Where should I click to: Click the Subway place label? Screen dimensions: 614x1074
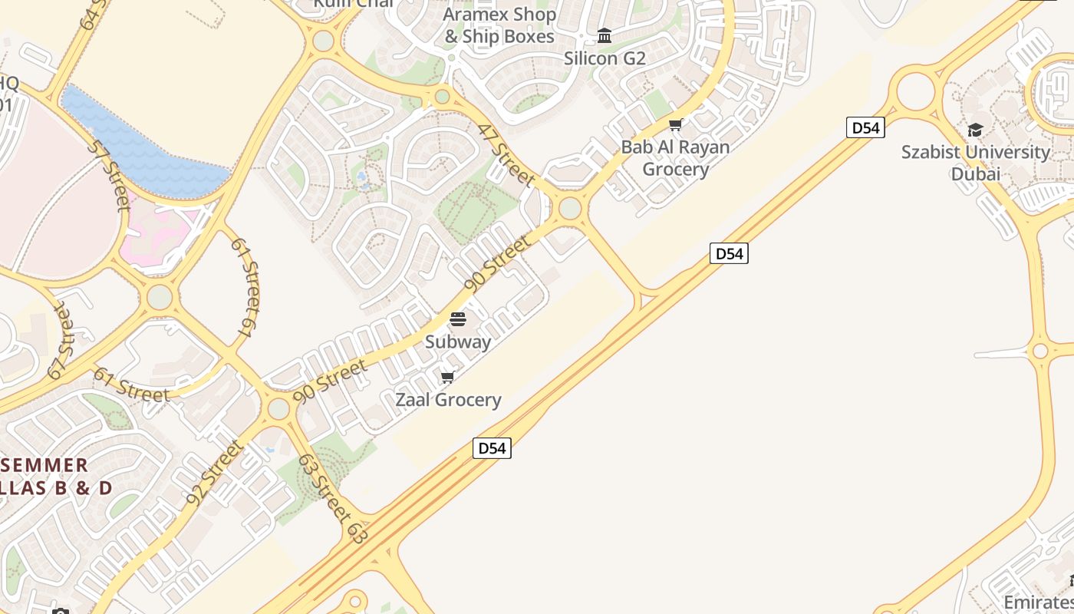[458, 342]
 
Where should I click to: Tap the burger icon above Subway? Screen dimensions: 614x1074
[458, 319]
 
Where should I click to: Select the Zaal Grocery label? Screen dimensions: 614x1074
[448, 400]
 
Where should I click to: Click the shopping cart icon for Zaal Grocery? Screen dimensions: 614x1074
[448, 377]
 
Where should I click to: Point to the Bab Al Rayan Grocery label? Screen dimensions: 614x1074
[675, 157]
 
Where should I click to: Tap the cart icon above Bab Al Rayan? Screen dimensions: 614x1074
[675, 124]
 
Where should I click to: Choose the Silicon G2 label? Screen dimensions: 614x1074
[605, 58]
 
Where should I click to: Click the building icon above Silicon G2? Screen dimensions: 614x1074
[605, 36]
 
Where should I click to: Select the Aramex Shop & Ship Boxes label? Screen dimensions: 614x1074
[499, 25]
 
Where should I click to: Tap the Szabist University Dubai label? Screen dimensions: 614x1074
[975, 163]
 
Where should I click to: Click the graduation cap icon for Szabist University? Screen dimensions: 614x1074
[975, 130]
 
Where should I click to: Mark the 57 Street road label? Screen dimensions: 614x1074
[108, 175]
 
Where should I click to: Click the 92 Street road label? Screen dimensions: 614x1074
[214, 473]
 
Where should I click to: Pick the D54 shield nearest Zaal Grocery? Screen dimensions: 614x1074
[492, 448]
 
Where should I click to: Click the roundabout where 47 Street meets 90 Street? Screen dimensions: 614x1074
[570, 208]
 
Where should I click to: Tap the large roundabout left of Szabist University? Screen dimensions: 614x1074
[915, 91]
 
